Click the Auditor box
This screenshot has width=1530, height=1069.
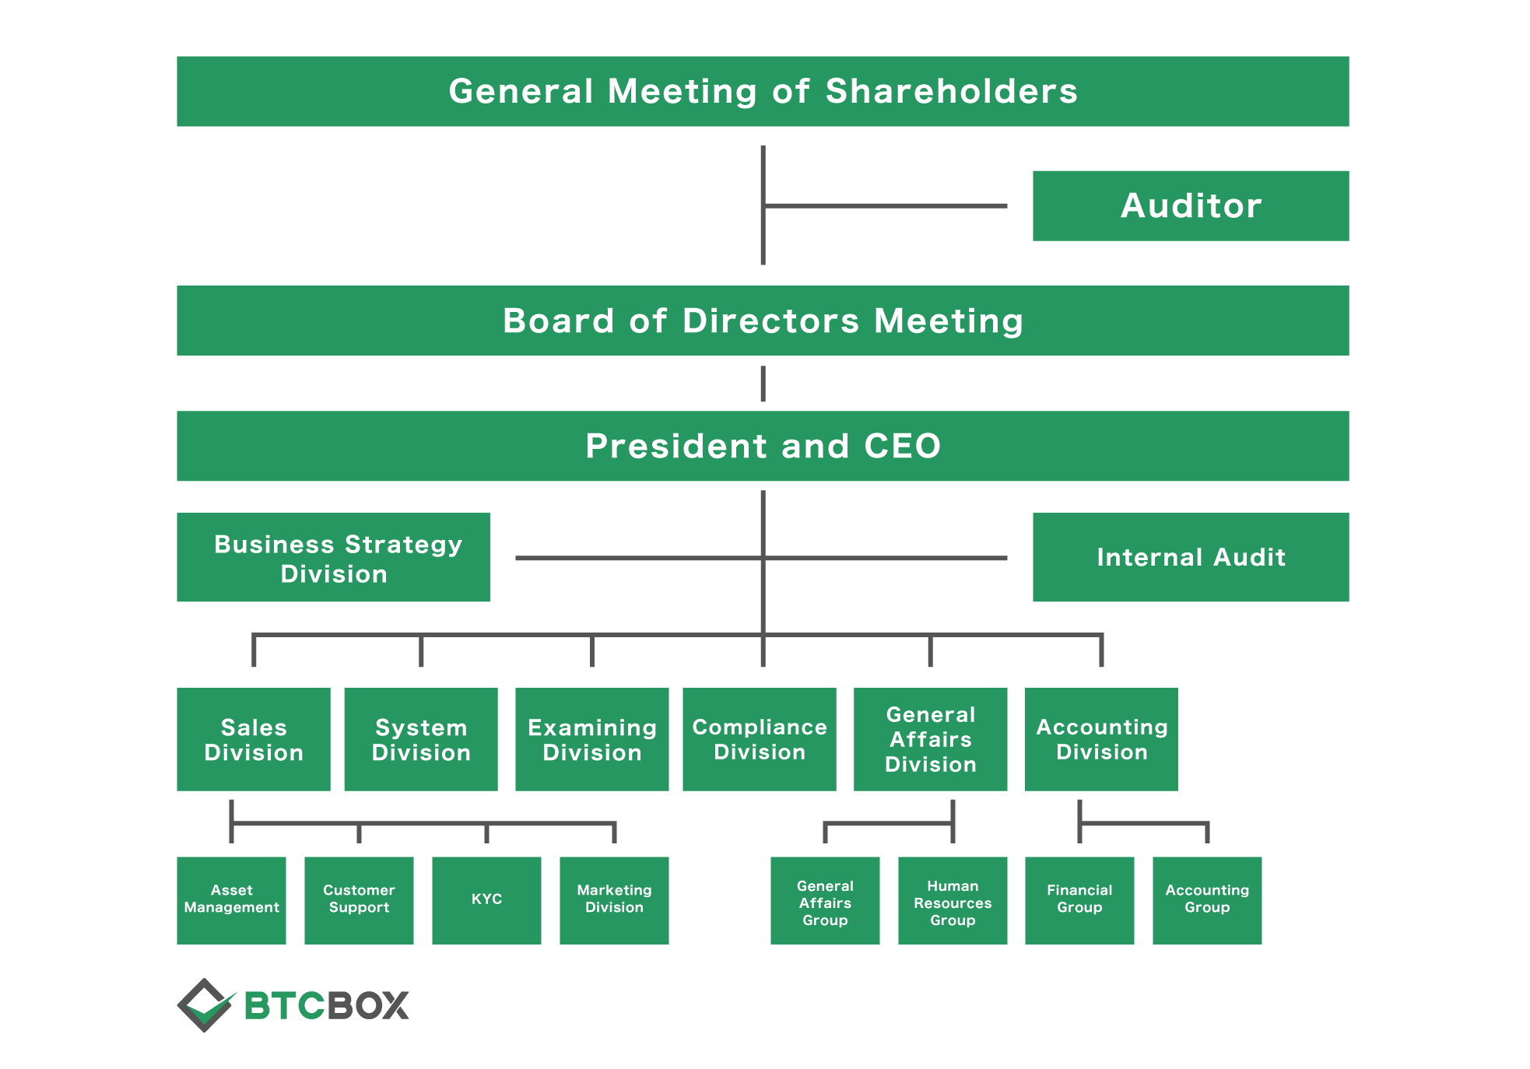click(1191, 206)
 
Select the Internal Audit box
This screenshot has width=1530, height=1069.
click(1191, 557)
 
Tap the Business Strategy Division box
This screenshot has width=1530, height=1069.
click(333, 557)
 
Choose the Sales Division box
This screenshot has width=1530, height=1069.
click(254, 739)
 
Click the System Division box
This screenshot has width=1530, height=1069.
click(421, 739)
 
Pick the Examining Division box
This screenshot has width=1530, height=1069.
click(592, 739)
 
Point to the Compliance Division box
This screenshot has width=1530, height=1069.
click(760, 739)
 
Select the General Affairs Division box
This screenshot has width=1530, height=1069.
click(931, 739)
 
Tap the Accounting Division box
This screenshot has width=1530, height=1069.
click(1101, 739)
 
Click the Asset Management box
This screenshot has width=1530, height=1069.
click(231, 901)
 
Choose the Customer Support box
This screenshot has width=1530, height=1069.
click(359, 901)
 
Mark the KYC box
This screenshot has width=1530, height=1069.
click(486, 901)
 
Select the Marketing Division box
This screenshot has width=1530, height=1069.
click(614, 901)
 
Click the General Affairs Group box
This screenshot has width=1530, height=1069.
click(825, 901)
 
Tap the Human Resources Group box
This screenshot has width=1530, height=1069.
click(953, 901)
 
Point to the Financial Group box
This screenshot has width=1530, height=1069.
click(1079, 901)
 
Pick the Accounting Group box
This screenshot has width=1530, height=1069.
click(1207, 901)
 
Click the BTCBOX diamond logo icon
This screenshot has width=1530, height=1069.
click(205, 1005)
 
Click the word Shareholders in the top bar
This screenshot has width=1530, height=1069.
click(952, 91)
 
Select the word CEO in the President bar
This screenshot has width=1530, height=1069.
click(903, 447)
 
